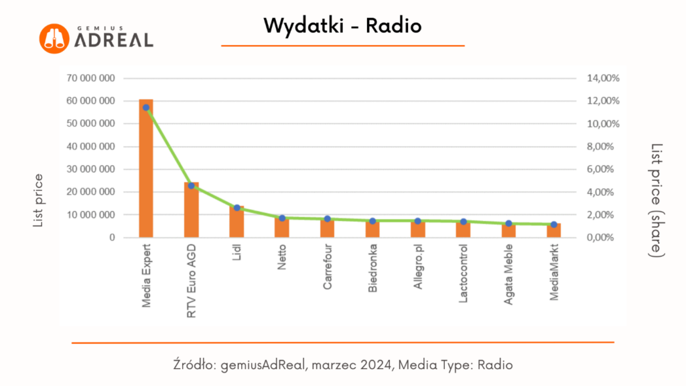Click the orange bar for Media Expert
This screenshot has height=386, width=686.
146,174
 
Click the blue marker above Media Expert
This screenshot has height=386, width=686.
145,107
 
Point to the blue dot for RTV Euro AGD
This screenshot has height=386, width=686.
191,186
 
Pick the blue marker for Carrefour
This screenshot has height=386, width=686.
327,219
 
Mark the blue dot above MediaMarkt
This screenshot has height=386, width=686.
553,224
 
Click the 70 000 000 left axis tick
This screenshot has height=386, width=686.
91,78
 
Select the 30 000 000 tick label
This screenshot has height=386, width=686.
91,170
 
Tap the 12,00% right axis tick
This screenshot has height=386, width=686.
603,101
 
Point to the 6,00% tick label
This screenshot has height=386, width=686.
603,170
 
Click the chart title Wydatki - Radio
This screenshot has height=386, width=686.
342,25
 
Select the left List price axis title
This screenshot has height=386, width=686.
38,200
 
